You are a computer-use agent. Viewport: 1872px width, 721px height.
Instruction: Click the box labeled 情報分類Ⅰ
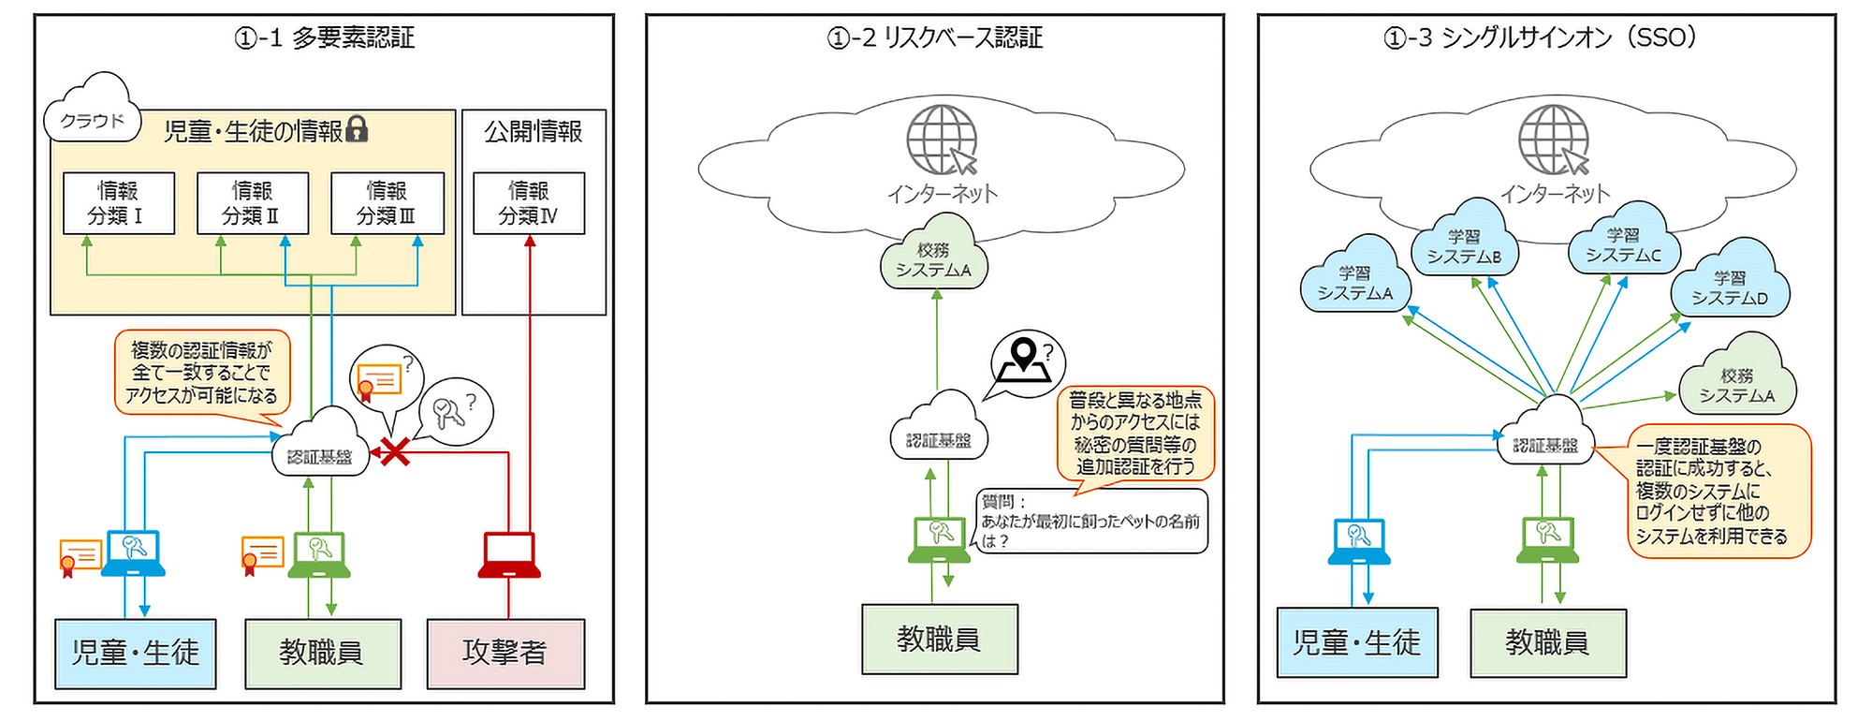(118, 202)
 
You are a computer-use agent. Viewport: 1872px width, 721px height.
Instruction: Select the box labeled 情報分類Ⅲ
(387, 202)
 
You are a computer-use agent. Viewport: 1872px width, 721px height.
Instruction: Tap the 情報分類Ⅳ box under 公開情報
(528, 202)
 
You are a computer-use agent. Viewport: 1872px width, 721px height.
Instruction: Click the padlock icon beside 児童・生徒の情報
(357, 129)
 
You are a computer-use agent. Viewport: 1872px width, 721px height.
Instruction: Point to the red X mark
(394, 452)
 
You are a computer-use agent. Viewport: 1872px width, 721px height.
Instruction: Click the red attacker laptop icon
(508, 555)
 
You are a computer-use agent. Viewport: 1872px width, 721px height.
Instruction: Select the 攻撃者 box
(505, 653)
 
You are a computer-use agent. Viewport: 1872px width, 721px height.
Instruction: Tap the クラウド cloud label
(92, 121)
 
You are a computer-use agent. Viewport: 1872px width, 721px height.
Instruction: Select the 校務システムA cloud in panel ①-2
(933, 259)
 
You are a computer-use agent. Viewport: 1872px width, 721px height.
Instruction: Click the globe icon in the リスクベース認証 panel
(941, 140)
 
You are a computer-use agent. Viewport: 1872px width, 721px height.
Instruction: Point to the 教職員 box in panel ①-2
(939, 640)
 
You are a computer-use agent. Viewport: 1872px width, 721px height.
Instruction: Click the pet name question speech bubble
(1090, 522)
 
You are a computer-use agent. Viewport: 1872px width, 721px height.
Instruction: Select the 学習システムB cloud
(1463, 246)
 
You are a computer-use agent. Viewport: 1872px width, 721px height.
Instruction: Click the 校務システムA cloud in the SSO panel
(1736, 385)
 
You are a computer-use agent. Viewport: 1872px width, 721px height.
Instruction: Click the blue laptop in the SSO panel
(1359, 541)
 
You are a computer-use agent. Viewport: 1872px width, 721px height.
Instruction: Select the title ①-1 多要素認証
(324, 37)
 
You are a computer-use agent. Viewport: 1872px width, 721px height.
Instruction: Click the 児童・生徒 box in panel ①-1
(136, 653)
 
